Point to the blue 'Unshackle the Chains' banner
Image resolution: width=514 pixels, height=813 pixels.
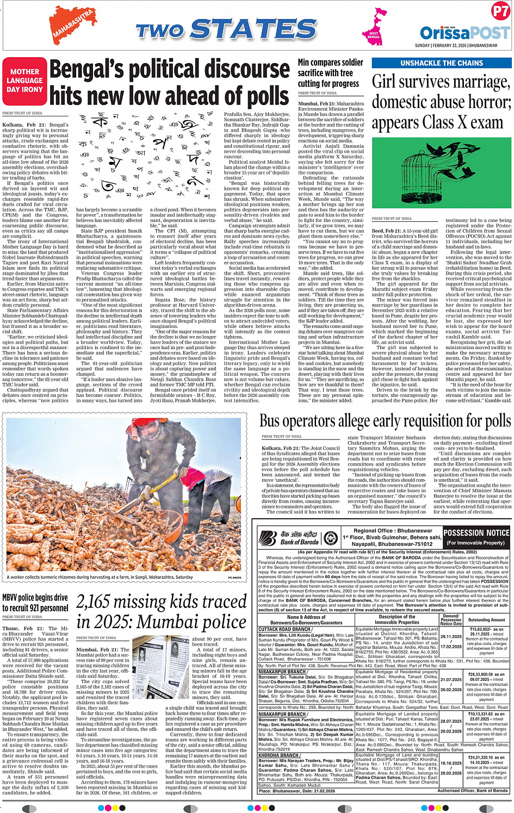point(441,63)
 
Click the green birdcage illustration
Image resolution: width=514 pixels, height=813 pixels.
point(439,170)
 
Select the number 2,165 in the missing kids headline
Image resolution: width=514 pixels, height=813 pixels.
point(101,601)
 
